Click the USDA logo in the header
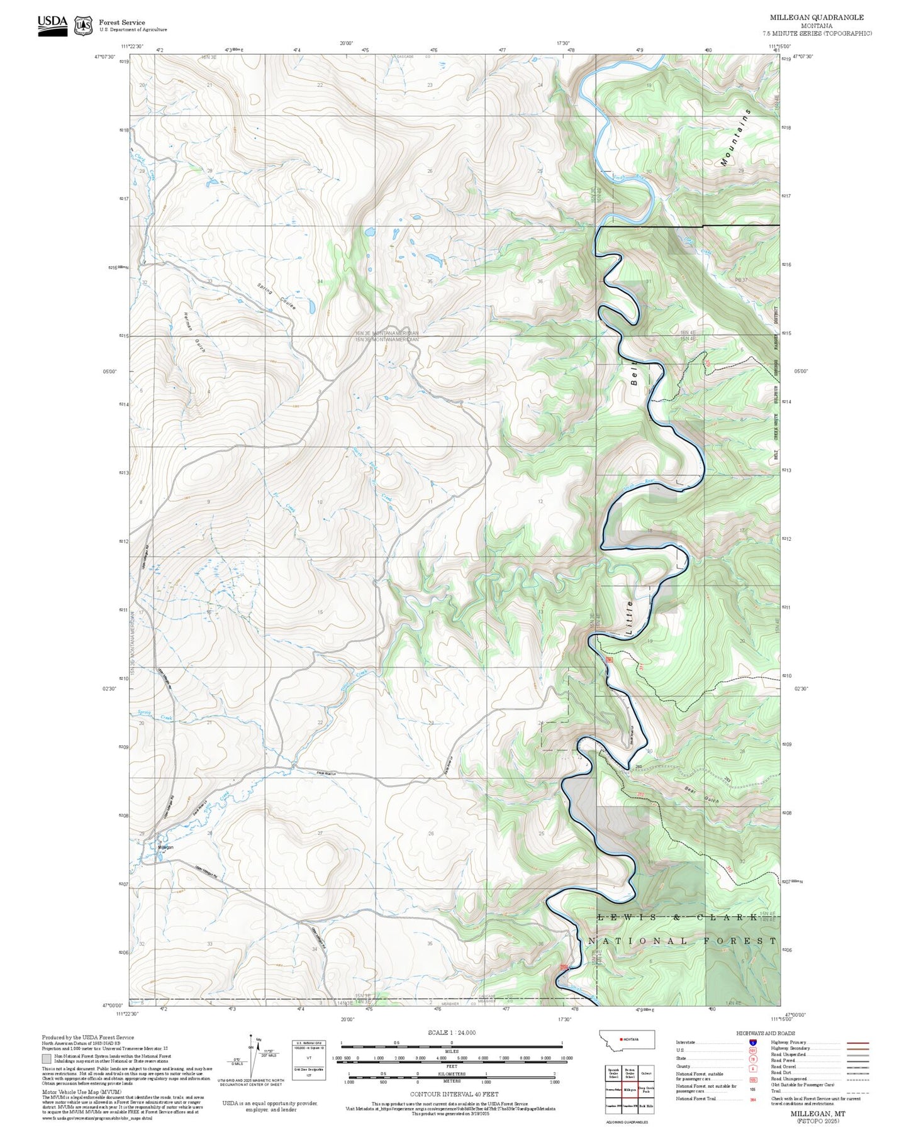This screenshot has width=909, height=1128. coord(52,25)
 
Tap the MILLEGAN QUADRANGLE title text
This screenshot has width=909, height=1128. coord(817,18)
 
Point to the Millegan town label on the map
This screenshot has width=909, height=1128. coord(165,847)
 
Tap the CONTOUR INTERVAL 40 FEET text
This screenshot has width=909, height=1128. coord(454,1094)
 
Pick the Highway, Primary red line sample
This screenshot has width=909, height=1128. coord(857,1042)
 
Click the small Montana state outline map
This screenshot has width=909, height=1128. coord(627,1039)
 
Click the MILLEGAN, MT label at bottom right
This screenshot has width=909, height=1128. coord(818,1113)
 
